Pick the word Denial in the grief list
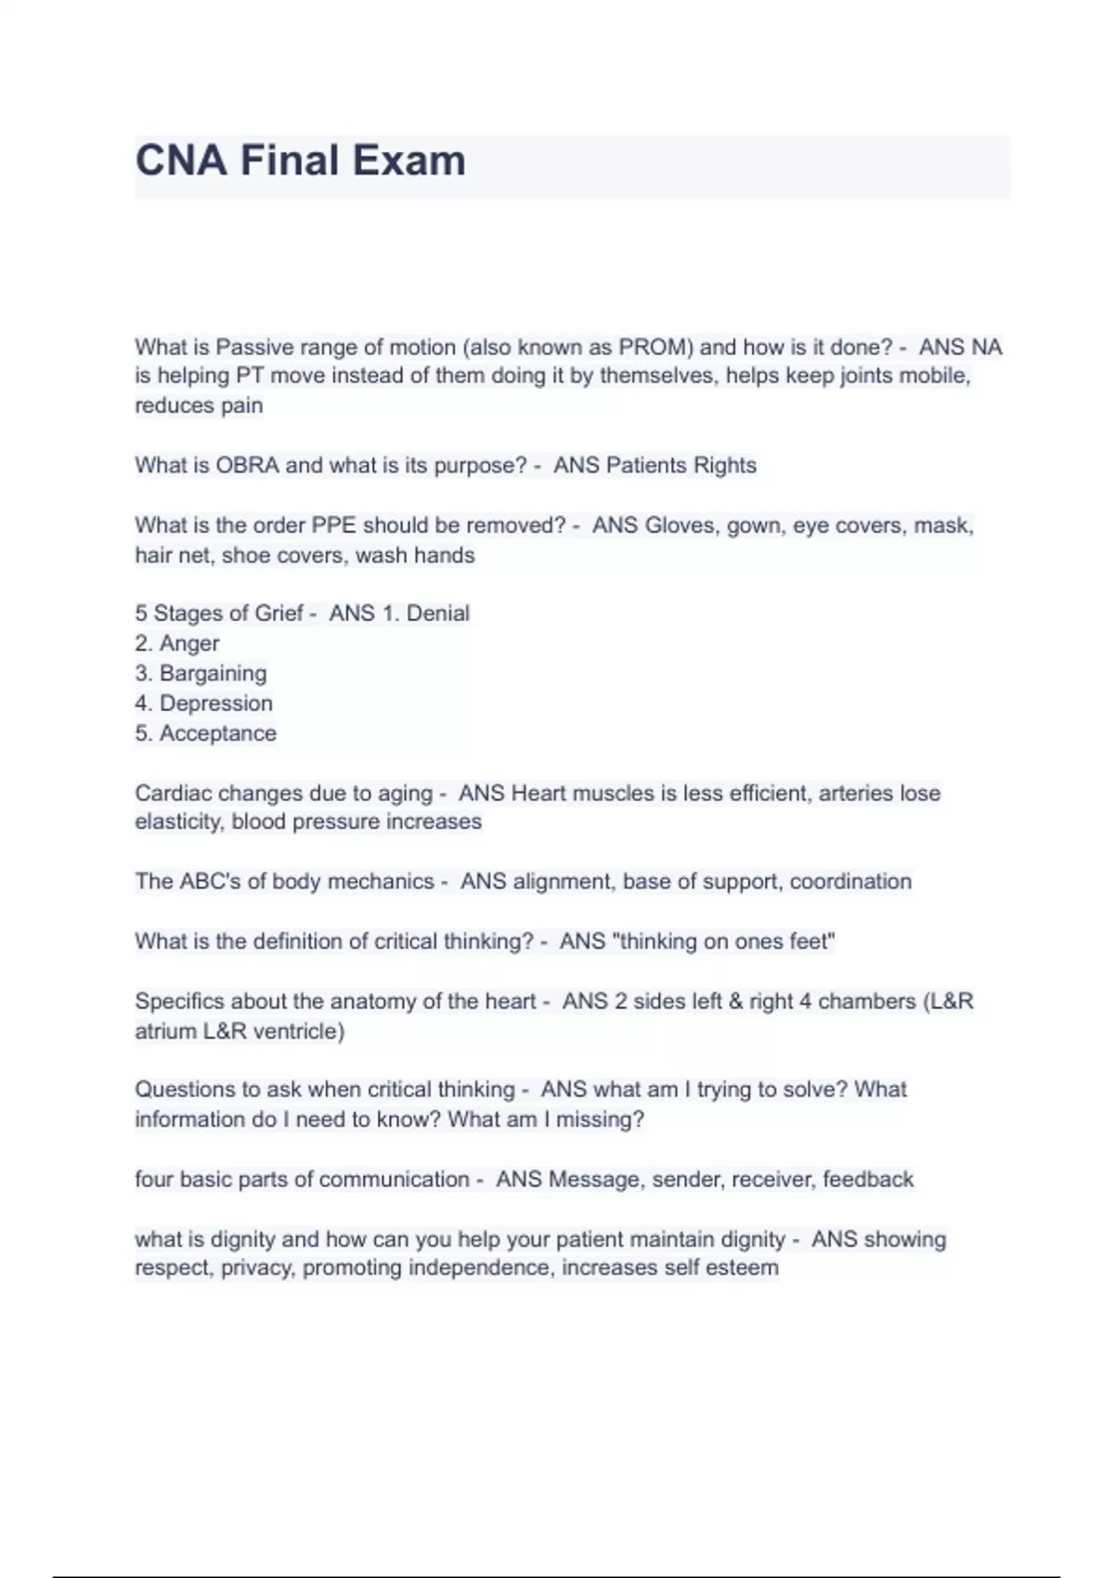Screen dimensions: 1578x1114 point(438,614)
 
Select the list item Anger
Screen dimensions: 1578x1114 point(189,643)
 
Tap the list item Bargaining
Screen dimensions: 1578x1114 point(213,673)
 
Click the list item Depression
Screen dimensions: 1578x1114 point(216,704)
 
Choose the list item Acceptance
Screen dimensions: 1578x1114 point(218,733)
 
